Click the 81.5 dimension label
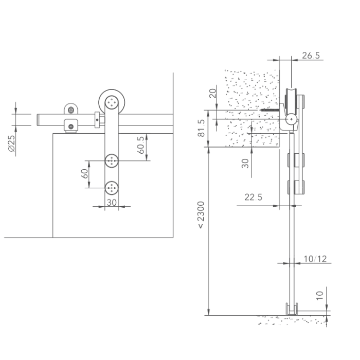202,128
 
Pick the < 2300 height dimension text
202,214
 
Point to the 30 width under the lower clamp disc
111,202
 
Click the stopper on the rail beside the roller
97,119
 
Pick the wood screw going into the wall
269,110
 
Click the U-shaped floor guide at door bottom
292,309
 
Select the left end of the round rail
39,119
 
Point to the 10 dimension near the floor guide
319,295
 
